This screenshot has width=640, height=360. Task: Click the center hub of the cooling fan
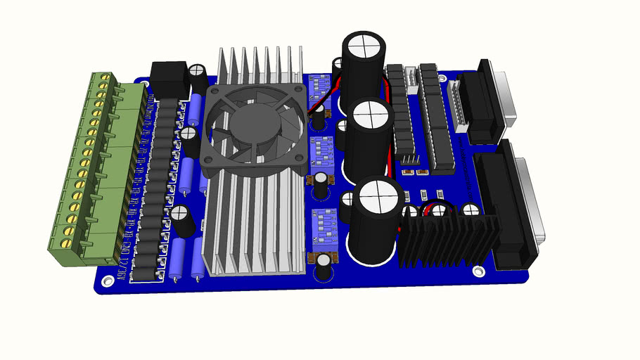pyautogui.click(x=256, y=126)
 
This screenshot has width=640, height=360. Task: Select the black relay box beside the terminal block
pyautogui.click(x=169, y=79)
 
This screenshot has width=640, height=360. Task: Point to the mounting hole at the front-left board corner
pyautogui.click(x=107, y=281)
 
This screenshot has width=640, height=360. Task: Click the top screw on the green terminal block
pyautogui.click(x=108, y=76)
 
